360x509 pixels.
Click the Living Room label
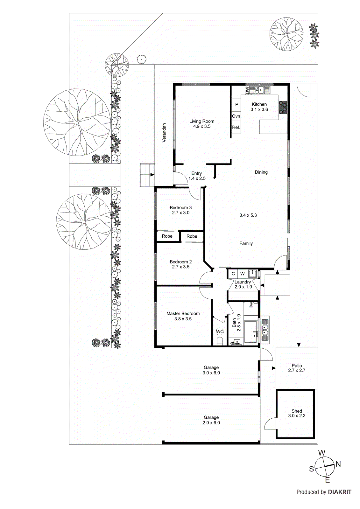201,121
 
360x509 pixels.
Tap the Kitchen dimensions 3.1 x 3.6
259,109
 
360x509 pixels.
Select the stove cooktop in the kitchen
283,107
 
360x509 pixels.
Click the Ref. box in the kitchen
236,128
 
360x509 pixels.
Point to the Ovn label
236,116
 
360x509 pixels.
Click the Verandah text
164,132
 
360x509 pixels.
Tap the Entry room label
196,173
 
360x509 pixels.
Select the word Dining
261,172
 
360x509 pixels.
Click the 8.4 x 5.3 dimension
248,215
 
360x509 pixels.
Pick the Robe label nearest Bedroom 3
167,236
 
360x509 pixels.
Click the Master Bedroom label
183,313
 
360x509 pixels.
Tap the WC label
220,331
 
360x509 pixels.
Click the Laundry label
243,282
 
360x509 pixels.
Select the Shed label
297,411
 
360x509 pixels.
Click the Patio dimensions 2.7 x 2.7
297,370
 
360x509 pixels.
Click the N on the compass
338,464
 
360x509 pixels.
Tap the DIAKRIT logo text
340,492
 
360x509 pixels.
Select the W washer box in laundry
242,274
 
